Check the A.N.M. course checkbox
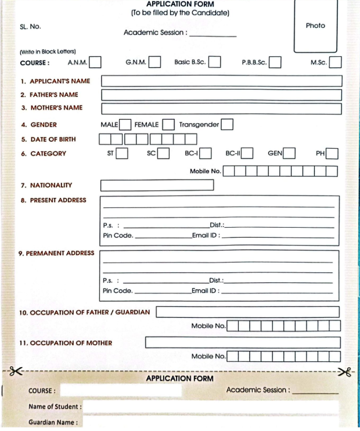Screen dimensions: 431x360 point(96,62)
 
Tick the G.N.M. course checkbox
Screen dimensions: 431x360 point(154,62)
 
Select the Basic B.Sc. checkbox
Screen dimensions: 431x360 point(214,62)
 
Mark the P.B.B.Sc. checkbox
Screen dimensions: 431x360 point(275,62)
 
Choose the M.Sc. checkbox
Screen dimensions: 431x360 point(335,62)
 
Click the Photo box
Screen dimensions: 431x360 point(315,26)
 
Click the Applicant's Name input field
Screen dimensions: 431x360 point(221,81)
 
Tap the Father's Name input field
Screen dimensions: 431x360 point(221,95)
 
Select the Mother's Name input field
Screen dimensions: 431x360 point(221,108)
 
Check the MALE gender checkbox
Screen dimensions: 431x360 point(125,124)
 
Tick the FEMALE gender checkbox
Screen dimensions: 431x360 point(168,124)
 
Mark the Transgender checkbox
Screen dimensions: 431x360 point(227,124)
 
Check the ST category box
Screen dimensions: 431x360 point(122,153)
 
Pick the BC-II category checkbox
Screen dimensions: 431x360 point(247,153)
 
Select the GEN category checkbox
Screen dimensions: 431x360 point(289,153)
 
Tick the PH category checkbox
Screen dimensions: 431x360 point(332,153)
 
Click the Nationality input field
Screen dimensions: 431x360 point(157,185)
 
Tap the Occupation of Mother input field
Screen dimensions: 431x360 point(242,343)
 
